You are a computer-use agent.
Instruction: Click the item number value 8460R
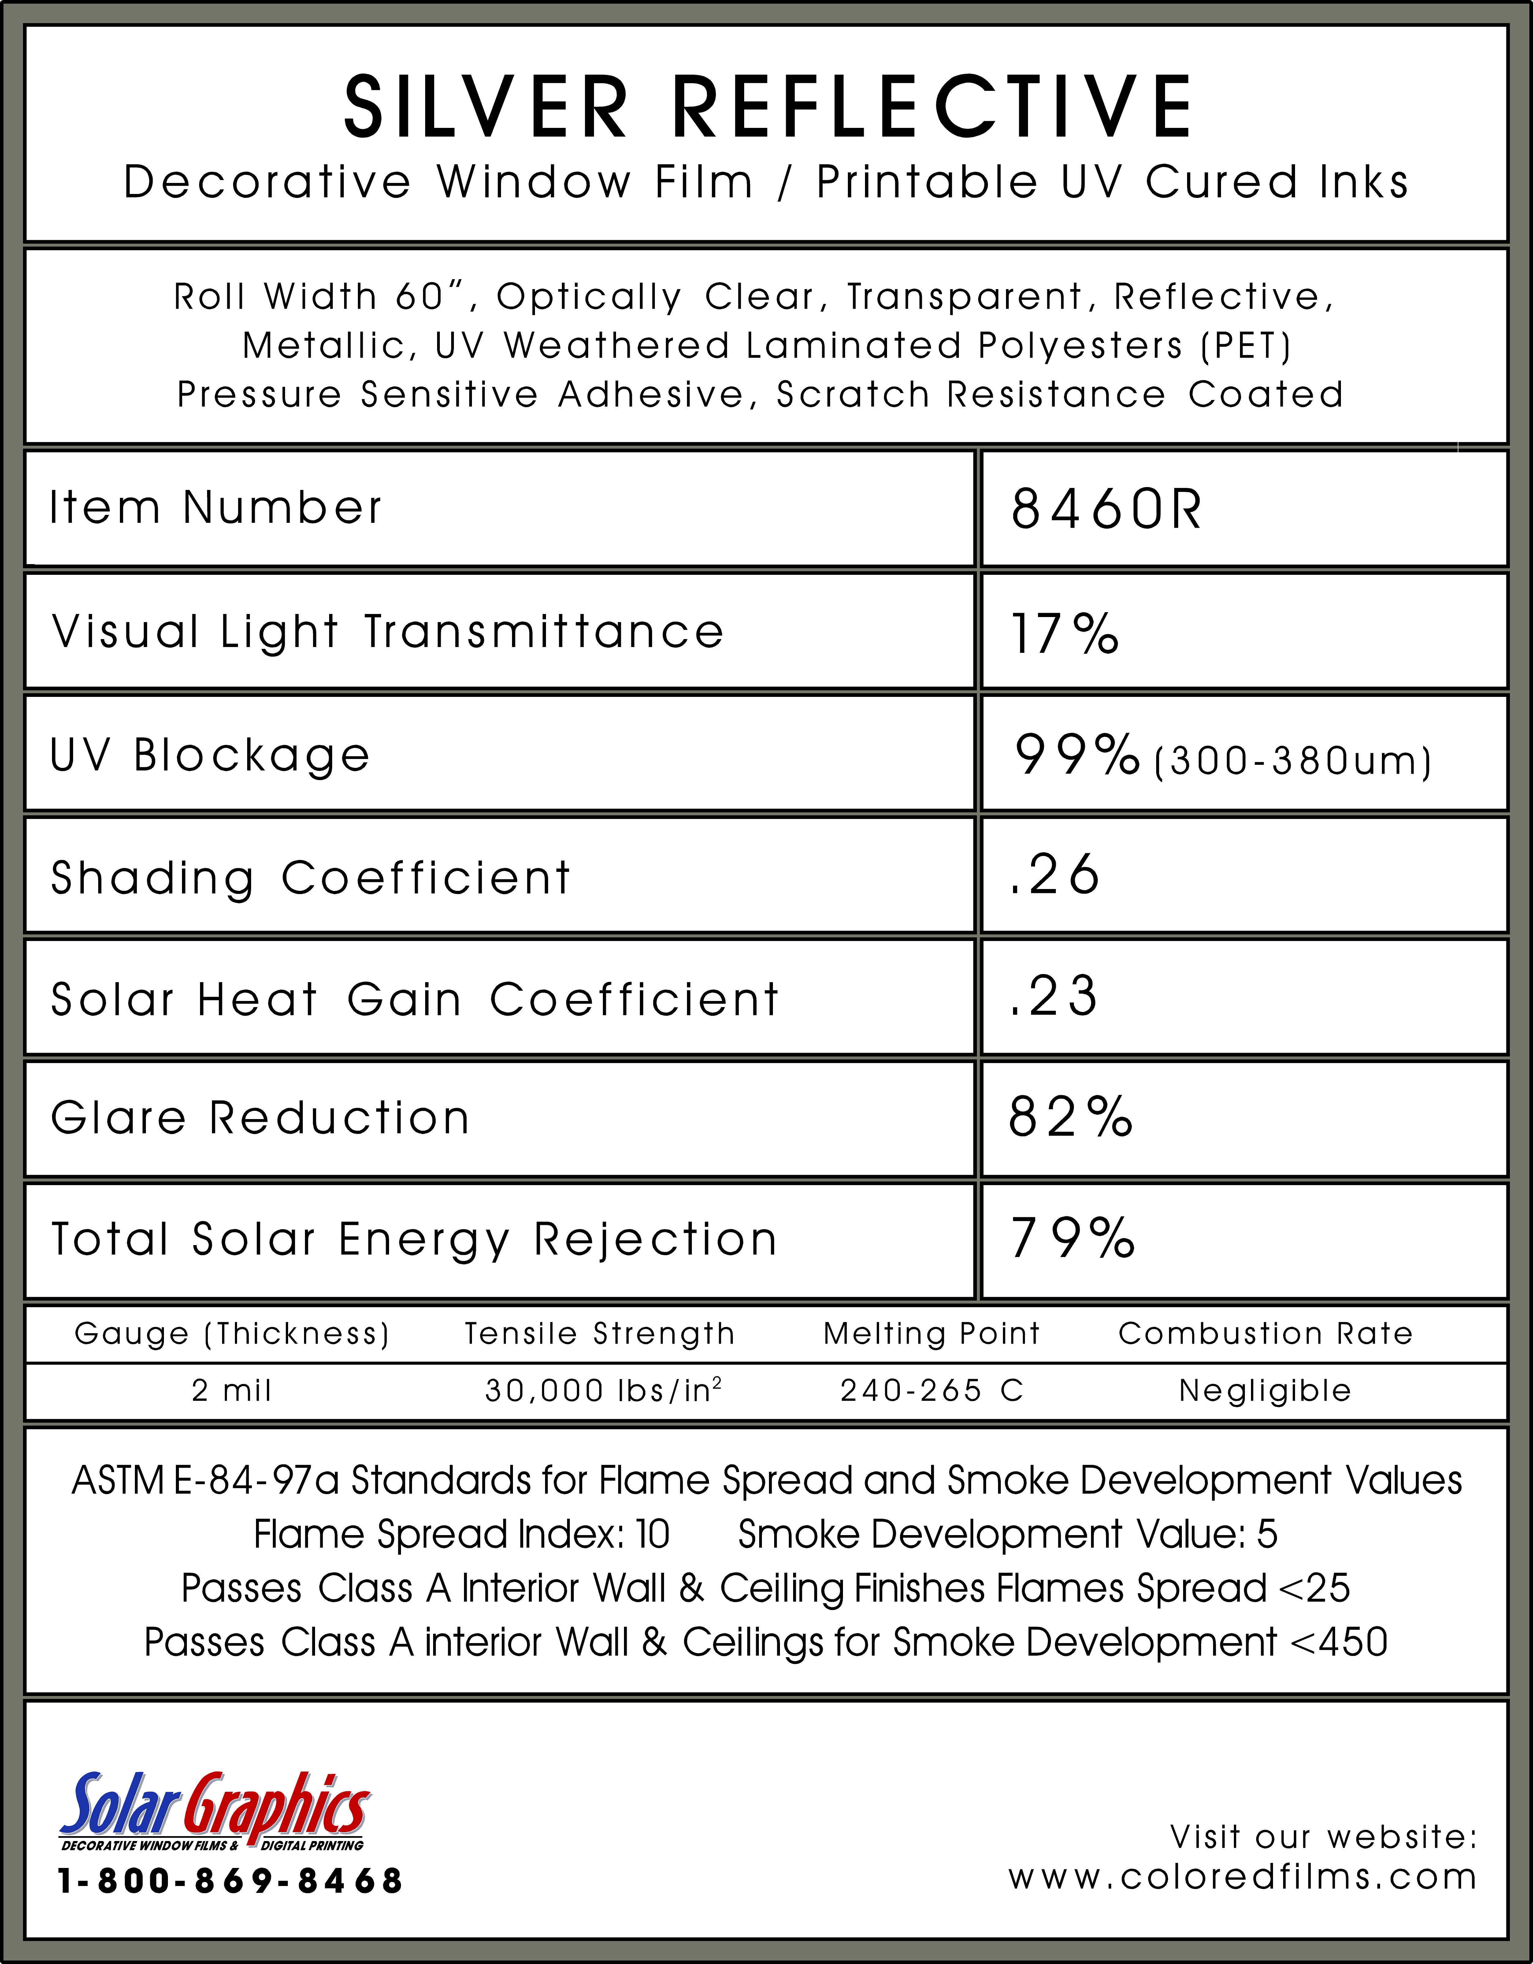coord(1106,510)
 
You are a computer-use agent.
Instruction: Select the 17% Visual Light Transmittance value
coord(1064,633)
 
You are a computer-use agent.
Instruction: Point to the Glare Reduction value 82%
coord(1070,1118)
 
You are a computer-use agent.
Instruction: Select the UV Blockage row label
coord(210,755)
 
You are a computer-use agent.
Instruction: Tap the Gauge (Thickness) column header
coord(232,1334)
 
